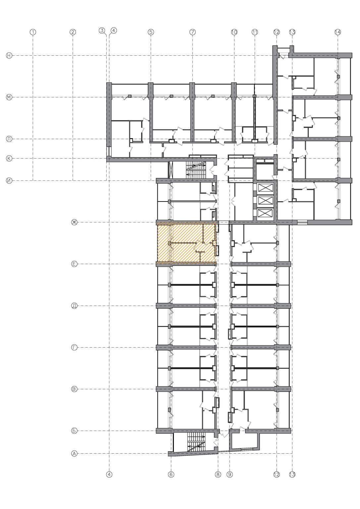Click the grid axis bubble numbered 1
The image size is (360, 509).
(33, 32)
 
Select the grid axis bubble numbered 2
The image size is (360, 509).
(73, 32)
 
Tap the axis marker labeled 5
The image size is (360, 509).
(151, 32)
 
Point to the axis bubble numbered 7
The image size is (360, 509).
(193, 32)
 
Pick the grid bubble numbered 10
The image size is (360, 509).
(234, 32)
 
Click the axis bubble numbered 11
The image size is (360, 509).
(255, 32)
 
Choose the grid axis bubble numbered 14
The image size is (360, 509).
(338, 32)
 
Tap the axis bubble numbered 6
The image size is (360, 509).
(171, 475)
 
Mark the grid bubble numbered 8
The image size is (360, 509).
(218, 475)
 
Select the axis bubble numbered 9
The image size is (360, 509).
(230, 475)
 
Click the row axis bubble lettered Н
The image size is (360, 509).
(9, 56)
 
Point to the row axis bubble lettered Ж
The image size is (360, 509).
(75, 222)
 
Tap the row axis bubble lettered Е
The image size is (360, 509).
(75, 264)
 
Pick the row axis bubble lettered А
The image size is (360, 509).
(75, 454)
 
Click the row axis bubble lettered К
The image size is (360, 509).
(9, 158)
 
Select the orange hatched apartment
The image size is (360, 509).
(185, 244)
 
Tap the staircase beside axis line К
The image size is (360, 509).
(196, 170)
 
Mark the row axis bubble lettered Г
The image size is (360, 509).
(75, 347)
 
